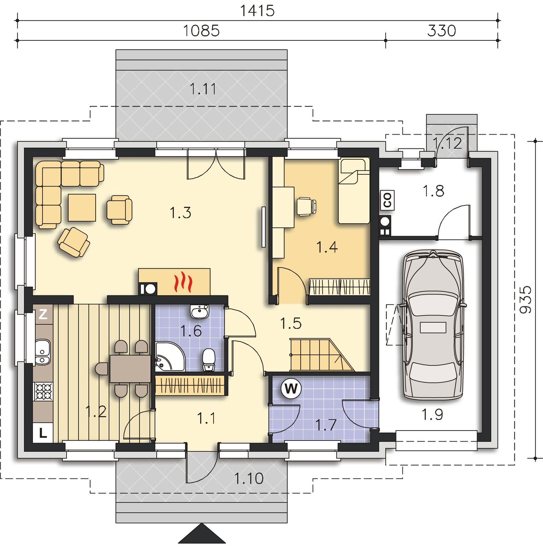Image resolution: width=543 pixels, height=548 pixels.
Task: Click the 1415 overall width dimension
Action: pos(257,11)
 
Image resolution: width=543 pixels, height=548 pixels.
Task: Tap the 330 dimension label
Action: pos(442,31)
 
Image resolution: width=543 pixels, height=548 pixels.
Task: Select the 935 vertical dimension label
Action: pos(525,300)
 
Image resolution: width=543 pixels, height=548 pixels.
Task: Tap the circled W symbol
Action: pos(291,388)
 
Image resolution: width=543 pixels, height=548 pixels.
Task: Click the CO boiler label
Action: pos(387,200)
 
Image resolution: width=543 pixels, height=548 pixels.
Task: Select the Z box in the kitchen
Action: pos(43,314)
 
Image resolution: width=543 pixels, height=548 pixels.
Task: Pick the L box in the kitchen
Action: pos(43,433)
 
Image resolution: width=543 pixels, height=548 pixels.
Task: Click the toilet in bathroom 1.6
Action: pos(208,360)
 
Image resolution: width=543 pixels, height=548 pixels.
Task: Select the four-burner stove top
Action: pos(44,391)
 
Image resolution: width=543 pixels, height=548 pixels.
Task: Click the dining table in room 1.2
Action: pos(130,369)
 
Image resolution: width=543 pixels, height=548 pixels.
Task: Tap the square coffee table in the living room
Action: pos(82,207)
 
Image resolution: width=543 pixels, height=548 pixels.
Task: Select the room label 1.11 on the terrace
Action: pos(203,89)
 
